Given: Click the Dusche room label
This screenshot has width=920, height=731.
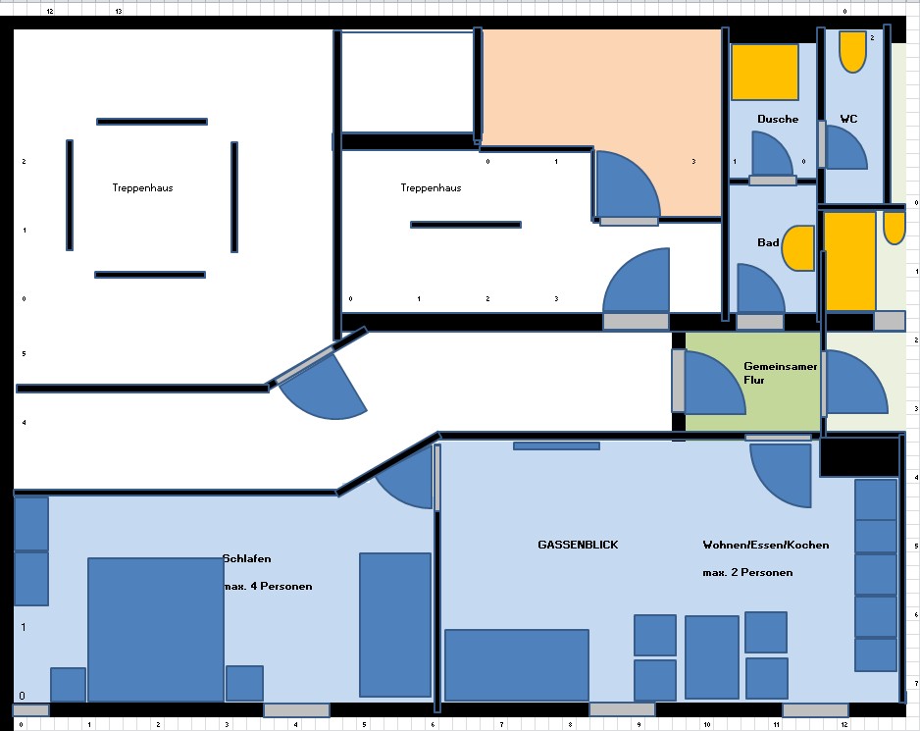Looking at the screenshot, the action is click(x=778, y=119).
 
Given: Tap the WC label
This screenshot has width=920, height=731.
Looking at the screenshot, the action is click(x=848, y=119).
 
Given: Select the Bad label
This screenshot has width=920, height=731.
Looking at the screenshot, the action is click(x=768, y=242).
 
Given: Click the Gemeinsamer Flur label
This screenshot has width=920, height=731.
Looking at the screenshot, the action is click(x=781, y=373).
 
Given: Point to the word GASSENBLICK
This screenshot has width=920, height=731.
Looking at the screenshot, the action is click(x=578, y=545).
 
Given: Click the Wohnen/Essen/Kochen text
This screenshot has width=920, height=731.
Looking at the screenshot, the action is click(x=766, y=545).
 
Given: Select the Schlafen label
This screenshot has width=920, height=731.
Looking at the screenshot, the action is click(x=247, y=558).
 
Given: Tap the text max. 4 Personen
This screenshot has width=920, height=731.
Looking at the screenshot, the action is click(x=268, y=586).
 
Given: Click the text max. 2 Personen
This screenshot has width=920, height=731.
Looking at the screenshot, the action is click(x=747, y=572).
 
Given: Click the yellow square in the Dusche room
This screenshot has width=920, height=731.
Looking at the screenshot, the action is click(x=764, y=72).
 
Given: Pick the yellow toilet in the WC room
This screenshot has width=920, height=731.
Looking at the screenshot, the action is click(x=852, y=52).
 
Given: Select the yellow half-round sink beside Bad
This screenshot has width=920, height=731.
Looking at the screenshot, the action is click(x=799, y=248).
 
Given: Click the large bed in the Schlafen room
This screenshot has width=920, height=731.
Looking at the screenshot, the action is click(x=156, y=629).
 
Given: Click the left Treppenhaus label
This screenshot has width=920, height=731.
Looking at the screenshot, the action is click(x=142, y=187).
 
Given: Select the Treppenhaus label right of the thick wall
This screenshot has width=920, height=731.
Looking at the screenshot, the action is click(x=431, y=187).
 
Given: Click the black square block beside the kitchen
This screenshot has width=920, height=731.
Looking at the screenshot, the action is click(x=859, y=456).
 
